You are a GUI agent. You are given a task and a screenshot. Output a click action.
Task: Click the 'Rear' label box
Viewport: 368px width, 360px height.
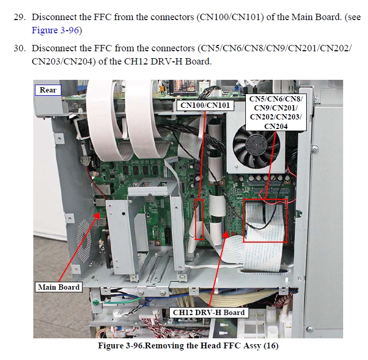(x=48, y=90)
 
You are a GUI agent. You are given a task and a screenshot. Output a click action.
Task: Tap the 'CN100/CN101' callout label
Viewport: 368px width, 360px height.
(x=205, y=105)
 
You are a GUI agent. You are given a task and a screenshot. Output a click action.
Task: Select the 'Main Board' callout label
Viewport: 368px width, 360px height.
(x=59, y=287)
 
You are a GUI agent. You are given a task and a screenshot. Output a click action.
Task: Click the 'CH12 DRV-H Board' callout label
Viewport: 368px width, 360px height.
(x=209, y=312)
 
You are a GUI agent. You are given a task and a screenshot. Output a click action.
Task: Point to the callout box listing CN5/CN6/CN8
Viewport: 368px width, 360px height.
(x=276, y=113)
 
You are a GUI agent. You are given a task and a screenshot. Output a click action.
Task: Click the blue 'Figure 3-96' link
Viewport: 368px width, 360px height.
(x=55, y=30)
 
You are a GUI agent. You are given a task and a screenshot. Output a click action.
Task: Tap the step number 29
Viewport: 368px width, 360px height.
(x=19, y=17)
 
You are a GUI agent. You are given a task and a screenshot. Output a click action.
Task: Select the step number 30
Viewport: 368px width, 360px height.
(x=19, y=48)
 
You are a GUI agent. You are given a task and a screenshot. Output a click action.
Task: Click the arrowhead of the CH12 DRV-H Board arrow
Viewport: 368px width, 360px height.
(x=226, y=234)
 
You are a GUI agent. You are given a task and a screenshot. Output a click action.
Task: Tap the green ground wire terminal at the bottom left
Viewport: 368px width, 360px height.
(x=95, y=302)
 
